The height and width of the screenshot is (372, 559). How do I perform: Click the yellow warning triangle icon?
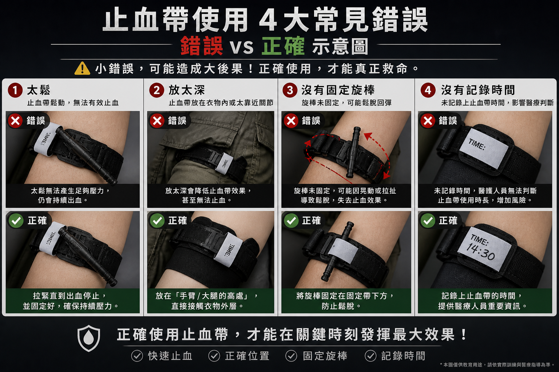(82, 69)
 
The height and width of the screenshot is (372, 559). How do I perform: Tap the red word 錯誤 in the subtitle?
(202, 46)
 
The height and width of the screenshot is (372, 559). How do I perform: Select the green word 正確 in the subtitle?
(283, 46)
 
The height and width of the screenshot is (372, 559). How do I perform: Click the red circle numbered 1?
(15, 90)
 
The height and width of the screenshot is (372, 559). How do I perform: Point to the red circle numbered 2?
(157, 90)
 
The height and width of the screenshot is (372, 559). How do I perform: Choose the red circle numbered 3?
(290, 90)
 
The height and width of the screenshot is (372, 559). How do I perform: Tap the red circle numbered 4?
(428, 90)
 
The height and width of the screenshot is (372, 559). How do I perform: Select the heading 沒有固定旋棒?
(338, 90)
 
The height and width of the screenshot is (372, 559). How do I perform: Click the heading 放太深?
(187, 90)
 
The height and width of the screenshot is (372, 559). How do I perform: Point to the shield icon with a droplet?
(88, 338)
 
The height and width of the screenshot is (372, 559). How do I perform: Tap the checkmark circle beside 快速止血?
(137, 356)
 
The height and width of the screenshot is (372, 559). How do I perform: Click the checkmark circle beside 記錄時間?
(370, 356)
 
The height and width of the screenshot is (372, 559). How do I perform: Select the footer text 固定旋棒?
(325, 356)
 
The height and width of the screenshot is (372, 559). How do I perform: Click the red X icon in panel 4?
(428, 121)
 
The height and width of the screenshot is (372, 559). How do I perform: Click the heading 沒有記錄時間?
(478, 90)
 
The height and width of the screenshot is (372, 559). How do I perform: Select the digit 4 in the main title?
(269, 20)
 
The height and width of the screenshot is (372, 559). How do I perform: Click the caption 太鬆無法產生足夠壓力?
(70, 191)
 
